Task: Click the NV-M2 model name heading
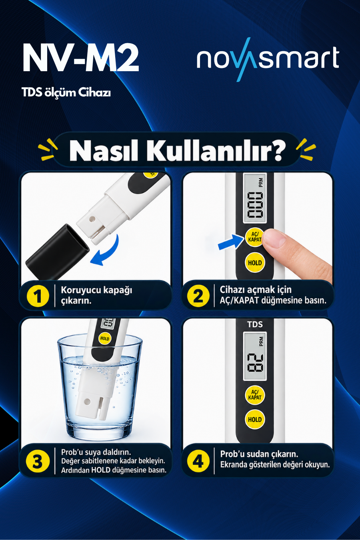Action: (81, 58)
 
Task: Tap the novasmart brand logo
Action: (268, 59)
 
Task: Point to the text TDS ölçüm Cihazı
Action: (66, 92)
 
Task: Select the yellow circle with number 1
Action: (38, 296)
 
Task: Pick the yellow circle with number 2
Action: (198, 296)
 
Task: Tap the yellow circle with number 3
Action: (38, 461)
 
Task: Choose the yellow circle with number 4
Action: (198, 461)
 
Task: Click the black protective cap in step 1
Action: (57, 252)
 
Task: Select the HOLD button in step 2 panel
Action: (255, 262)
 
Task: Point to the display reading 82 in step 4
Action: (255, 356)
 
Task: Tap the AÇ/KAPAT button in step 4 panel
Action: (255, 395)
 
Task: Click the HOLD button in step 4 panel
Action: (255, 420)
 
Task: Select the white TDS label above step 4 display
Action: (255, 325)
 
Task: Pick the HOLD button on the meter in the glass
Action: (105, 338)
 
